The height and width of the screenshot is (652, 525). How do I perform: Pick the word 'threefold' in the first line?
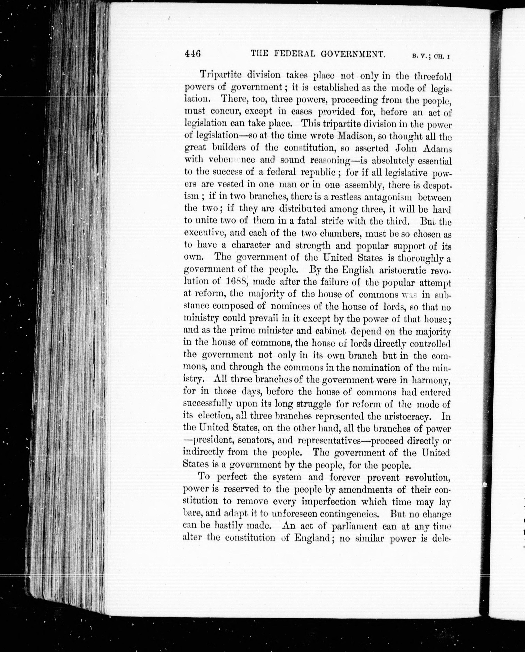coord(432,75)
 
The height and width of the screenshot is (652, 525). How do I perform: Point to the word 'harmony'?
coord(431,379)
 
